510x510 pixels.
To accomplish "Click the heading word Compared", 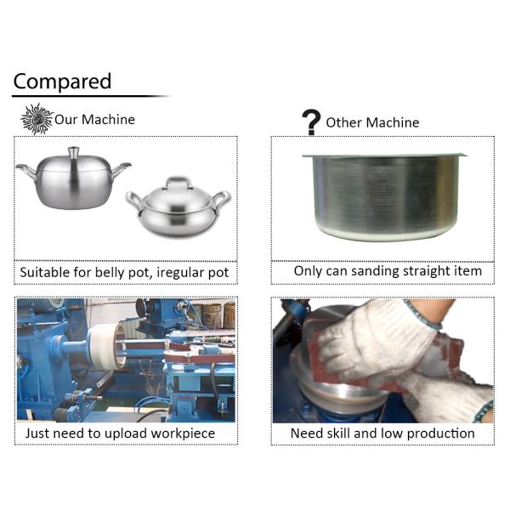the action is coord(62,82).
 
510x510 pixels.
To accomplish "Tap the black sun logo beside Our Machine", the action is coord(37,119).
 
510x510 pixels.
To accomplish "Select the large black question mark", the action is coord(311,122).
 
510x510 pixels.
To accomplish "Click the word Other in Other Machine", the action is coord(343,122).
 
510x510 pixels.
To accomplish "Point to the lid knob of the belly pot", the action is coord(73,152).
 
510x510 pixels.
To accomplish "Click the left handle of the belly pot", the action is coord(26,171).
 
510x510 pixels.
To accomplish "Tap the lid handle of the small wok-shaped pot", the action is coord(178,182).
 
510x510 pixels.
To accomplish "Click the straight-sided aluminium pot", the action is coord(384,197).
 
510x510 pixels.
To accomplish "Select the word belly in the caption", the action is coord(110,273).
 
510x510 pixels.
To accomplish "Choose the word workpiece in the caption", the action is coord(183,433).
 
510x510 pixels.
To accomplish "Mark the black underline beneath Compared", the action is coord(90,96).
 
